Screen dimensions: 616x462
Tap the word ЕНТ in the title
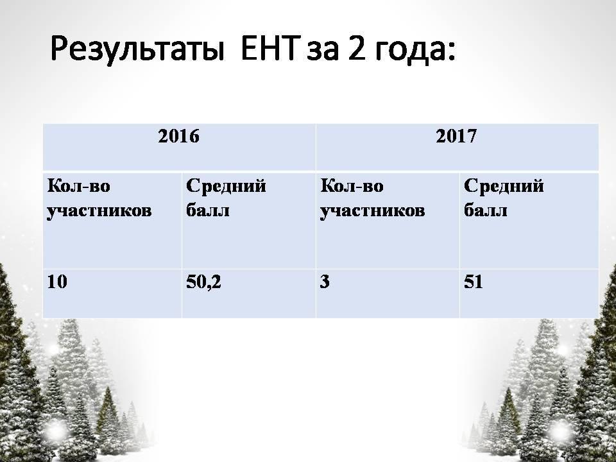pos(269,49)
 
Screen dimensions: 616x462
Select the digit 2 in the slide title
pos(356,49)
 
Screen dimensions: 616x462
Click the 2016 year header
pos(179,136)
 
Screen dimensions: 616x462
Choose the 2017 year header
pos(456,136)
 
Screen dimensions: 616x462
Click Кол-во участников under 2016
pos(99,199)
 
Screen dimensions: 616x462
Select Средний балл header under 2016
pos(226,198)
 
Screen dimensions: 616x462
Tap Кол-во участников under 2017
pos(372,199)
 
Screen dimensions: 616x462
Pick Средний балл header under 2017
pos(504,198)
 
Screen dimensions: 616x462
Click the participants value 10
pos(57,282)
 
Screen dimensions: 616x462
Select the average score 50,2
pos(203,282)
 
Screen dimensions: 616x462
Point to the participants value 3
pos(325,282)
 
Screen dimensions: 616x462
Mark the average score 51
pos(473,282)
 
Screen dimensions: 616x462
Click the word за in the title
pos(322,52)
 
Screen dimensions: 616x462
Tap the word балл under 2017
pos(485,210)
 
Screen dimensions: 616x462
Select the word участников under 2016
pos(99,211)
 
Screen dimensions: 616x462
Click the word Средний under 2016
pos(226,186)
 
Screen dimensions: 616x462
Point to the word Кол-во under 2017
pos(352,186)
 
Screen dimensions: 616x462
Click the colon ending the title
pos(451,52)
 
